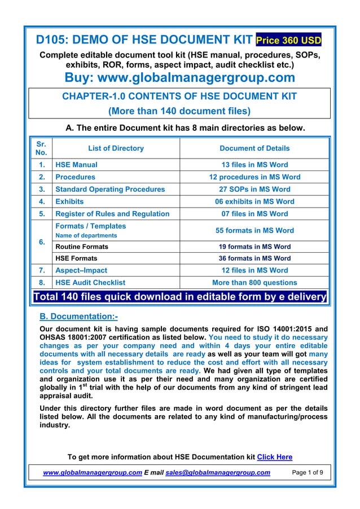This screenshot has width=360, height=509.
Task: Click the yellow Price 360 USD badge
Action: (288, 41)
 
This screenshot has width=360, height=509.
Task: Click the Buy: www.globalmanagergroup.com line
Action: (179, 77)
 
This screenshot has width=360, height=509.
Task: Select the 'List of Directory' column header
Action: (116, 148)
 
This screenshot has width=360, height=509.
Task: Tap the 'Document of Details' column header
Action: (254, 148)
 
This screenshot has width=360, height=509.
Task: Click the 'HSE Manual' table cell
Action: (76, 165)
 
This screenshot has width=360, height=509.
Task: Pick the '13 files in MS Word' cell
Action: (254, 165)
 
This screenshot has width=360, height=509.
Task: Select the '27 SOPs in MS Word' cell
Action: (254, 189)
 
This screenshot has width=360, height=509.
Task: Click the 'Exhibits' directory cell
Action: (69, 201)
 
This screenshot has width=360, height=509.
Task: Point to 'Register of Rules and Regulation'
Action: (112, 214)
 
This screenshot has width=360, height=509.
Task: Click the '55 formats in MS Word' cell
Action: (254, 230)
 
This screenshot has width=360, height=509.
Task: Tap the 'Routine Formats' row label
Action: (82, 247)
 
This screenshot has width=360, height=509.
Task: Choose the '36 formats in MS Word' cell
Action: (254, 258)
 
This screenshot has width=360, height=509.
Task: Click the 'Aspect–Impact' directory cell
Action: (81, 270)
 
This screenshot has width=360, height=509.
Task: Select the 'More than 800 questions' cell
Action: (254, 283)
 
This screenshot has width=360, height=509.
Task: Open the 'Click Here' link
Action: (274, 457)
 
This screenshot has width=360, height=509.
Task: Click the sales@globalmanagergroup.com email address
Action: (217, 472)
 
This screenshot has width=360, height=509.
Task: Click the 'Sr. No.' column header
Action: (41, 148)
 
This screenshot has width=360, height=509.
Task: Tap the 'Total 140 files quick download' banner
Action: (180, 297)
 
